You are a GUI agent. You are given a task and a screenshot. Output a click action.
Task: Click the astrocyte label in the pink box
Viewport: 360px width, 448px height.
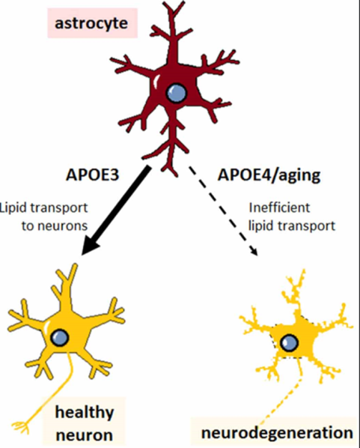pos(91,23)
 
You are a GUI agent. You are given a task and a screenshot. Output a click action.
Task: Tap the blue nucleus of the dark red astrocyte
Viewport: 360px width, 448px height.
pos(177,93)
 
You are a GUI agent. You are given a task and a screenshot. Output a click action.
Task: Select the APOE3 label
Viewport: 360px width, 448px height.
pos(92,175)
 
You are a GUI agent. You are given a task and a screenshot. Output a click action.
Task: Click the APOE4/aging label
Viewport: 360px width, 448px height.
pos(269,175)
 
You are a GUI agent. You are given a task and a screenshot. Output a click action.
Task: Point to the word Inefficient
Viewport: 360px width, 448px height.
pos(279,208)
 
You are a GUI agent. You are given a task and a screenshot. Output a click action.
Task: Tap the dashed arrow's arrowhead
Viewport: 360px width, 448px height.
pos(254,250)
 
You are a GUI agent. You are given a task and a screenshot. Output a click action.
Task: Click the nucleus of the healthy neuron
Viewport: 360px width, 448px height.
pos(60,337)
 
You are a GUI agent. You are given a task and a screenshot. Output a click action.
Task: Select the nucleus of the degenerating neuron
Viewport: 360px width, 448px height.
pos(289,342)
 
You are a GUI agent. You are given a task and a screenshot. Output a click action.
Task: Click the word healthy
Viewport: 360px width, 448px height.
pos(85,412)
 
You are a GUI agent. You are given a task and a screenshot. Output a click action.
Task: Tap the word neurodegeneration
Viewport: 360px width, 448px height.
pos(277,432)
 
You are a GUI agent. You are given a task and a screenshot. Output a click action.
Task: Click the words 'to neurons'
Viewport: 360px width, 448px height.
pos(55,226)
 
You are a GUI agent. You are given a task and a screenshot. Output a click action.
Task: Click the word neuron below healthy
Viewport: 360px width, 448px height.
pos(85,435)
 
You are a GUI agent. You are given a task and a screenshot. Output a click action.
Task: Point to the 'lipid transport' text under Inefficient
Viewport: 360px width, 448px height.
pos(292,226)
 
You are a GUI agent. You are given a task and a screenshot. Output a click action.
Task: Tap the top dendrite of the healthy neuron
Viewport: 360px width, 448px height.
pos(68,285)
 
